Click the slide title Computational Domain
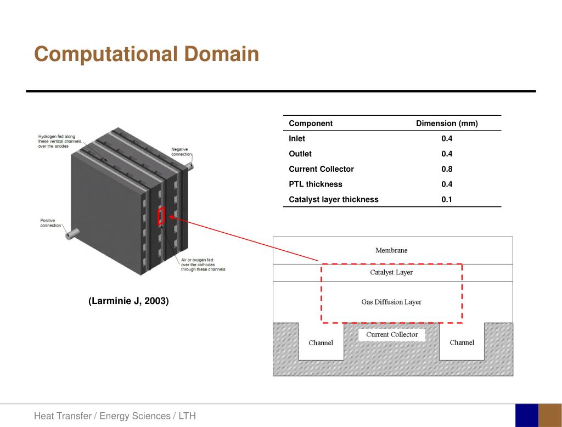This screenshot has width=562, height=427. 146,55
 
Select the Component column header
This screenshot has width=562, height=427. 311,123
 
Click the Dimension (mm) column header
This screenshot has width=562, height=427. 447,123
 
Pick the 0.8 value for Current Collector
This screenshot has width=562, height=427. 447,169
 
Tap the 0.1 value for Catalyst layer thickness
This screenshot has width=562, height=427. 447,200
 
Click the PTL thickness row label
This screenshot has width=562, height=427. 316,184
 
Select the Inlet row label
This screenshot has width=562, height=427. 297,139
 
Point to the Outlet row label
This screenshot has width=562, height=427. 300,154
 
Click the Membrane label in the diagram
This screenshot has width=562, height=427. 391,250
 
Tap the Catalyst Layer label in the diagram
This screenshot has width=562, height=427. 391,272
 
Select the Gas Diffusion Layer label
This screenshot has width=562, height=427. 391,302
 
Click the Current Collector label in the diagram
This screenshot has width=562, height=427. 392,335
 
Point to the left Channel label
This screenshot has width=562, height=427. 321,343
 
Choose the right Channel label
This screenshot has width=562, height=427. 462,342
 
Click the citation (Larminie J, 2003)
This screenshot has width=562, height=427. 128,301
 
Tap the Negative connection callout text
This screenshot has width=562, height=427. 182,152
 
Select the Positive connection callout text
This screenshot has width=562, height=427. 50,223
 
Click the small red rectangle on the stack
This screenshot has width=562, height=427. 161,217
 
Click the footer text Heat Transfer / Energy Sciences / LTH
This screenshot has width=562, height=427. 115,416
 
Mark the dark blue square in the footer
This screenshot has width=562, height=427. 526,415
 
